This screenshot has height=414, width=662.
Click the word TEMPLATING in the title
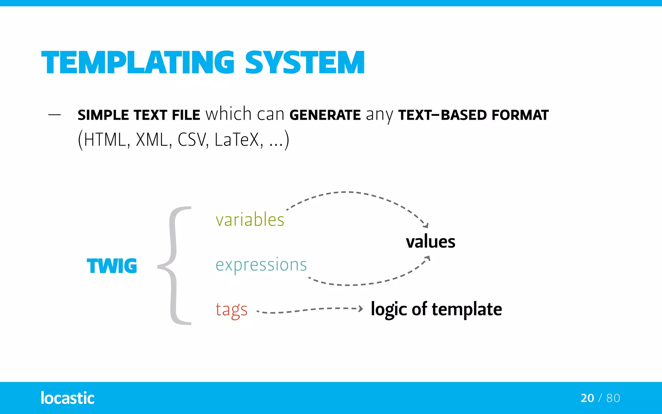tap(138, 63)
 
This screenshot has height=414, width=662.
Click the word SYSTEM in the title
tap(305, 63)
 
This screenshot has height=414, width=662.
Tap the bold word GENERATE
tap(325, 115)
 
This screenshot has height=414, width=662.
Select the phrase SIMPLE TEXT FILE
tap(139, 115)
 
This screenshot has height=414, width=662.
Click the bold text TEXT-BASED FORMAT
tap(473, 115)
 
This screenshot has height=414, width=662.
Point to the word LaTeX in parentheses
tap(237, 140)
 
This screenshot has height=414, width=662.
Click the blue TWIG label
tap(112, 266)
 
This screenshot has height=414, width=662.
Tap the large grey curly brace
tap(175, 266)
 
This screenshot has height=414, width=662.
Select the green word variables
tap(250, 220)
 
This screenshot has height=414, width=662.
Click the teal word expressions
tap(261, 265)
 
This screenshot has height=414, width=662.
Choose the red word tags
tap(231, 310)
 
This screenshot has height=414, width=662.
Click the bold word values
tap(431, 242)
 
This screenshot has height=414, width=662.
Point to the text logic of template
tap(436, 309)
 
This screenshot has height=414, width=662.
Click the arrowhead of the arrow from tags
tap(361, 309)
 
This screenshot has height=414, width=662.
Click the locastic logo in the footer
tap(68, 398)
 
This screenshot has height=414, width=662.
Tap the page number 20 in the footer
tap(587, 398)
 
